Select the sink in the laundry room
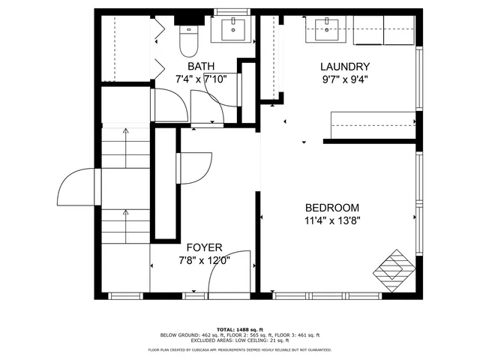(x=325, y=31)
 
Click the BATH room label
(x=201, y=67)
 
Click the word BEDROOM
(x=331, y=208)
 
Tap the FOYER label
(x=203, y=247)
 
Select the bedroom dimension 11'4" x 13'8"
(x=331, y=221)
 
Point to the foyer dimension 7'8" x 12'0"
(x=203, y=260)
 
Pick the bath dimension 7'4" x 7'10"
(x=201, y=79)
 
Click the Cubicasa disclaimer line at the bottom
(x=239, y=349)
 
